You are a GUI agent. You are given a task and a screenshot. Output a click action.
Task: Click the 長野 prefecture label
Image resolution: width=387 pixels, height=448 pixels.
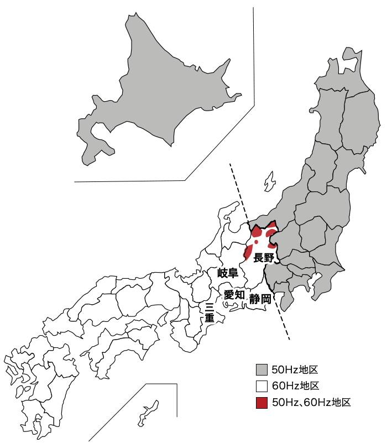pos(264,258)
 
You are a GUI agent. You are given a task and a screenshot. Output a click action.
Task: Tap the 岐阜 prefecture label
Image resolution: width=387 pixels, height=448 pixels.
pos(227,273)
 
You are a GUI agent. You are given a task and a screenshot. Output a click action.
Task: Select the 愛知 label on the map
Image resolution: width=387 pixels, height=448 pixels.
pos(234,295)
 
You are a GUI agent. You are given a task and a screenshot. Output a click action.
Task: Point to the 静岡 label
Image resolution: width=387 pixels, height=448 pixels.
pos(260,299)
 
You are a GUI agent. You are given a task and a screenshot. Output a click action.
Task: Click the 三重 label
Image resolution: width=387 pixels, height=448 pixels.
pos(210,312)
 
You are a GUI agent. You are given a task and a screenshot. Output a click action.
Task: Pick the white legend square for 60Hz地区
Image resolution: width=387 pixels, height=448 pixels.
pos(262,386)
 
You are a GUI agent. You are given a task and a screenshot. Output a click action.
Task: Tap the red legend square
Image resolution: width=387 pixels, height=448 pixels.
pos(262,402)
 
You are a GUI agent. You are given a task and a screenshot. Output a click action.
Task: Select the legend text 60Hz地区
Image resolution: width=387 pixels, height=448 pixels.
pos(296,386)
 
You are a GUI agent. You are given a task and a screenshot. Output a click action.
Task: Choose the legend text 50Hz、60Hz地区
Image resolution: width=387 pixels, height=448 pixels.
pos(312,402)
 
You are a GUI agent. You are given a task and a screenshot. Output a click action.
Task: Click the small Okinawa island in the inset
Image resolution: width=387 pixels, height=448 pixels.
pos(148,412)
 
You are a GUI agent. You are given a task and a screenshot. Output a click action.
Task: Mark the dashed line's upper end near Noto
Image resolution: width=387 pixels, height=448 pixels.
pos(231,164)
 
